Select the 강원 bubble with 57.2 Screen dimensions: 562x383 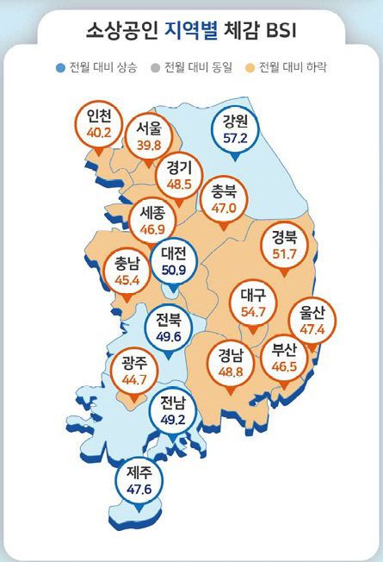233,129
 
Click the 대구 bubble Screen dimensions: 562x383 253,304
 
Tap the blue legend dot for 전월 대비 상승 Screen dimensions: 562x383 59,66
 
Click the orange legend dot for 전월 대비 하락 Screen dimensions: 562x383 251,66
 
